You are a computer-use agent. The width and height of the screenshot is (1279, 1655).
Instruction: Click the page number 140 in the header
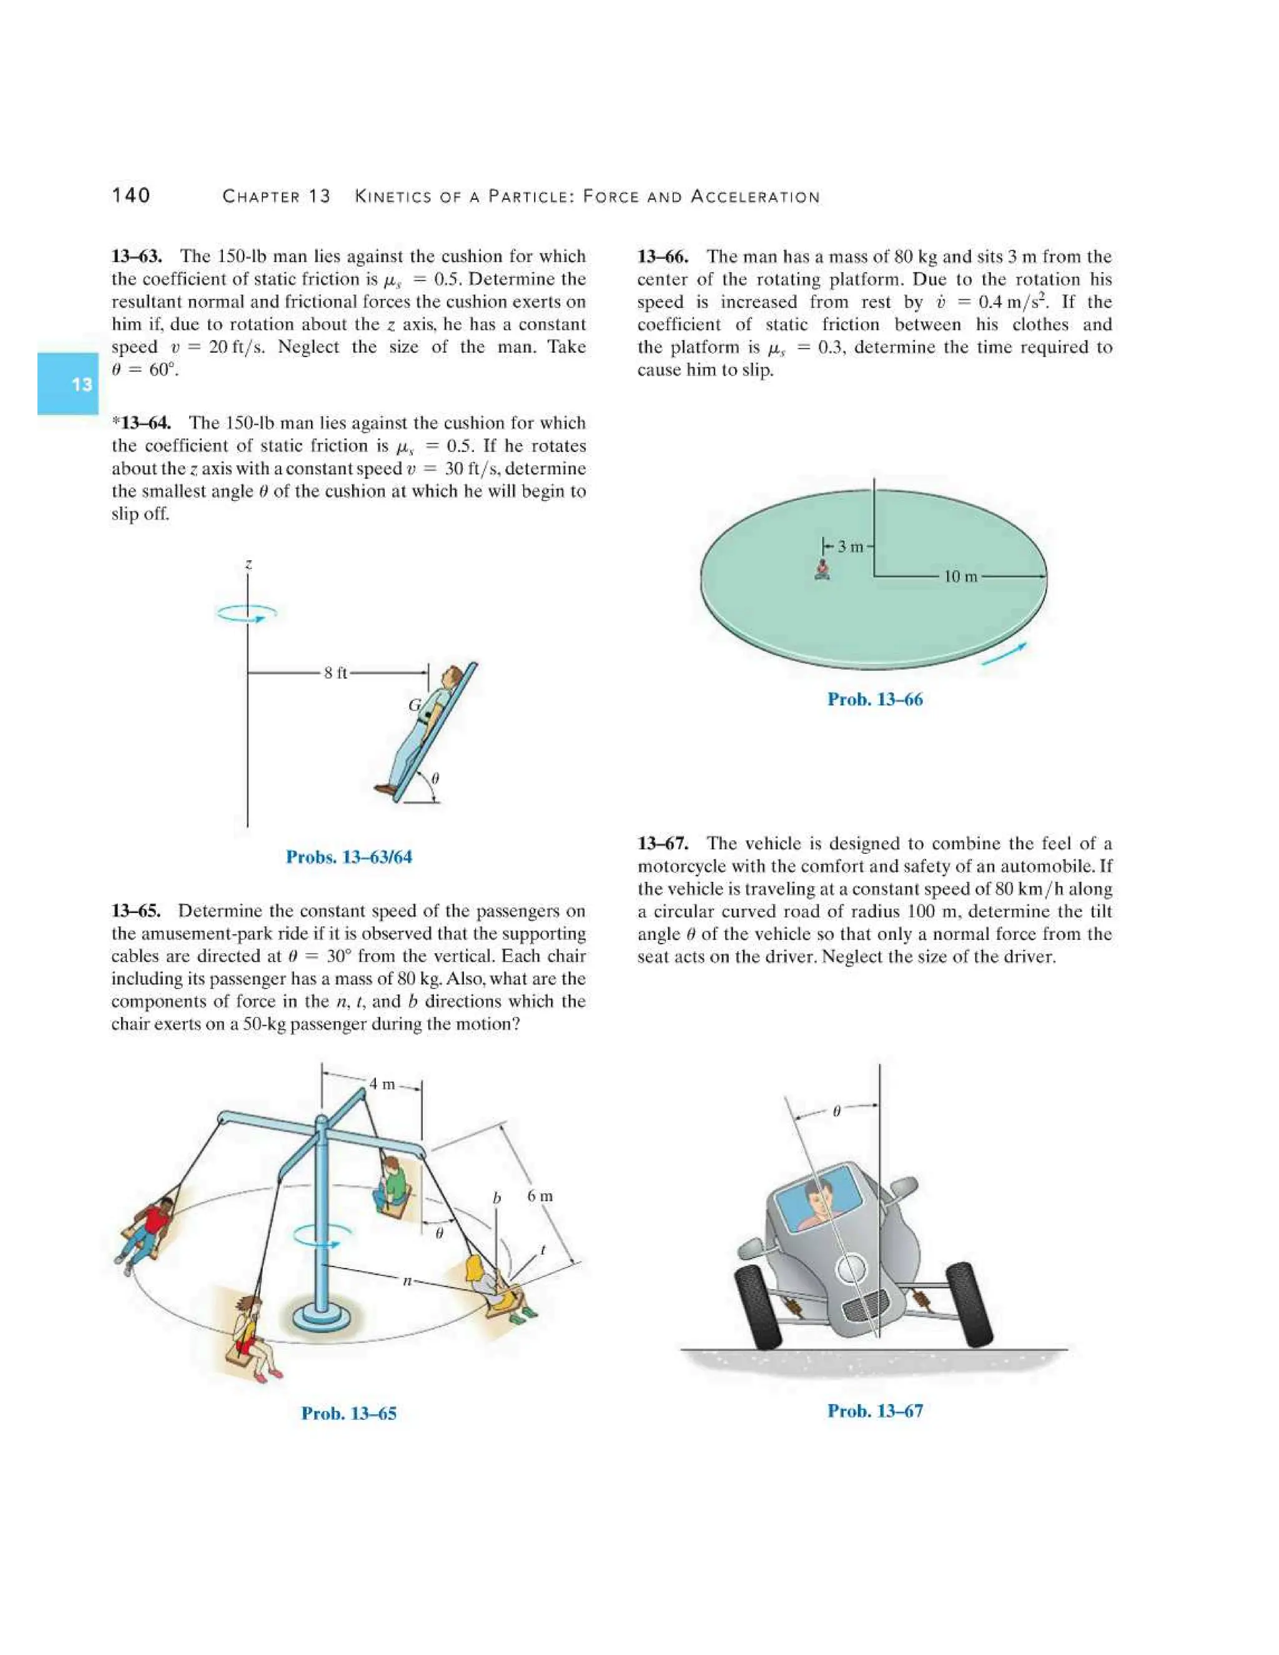[x=131, y=195]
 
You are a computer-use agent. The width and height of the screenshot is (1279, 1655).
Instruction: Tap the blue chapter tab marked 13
[x=68, y=383]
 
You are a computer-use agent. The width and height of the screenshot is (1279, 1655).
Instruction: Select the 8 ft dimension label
[x=335, y=673]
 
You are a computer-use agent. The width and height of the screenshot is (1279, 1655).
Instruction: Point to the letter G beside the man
[x=415, y=704]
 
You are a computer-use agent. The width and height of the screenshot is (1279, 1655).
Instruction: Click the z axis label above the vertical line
[x=249, y=565]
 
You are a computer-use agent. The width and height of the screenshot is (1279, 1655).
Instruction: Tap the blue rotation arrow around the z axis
[x=247, y=614]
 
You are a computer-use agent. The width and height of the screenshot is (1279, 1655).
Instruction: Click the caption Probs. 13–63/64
[x=348, y=857]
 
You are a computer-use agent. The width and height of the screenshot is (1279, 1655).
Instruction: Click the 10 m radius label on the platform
[x=960, y=576]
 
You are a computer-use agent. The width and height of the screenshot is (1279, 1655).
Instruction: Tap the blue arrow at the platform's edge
[x=1004, y=654]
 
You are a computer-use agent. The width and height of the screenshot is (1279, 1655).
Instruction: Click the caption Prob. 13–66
[x=874, y=699]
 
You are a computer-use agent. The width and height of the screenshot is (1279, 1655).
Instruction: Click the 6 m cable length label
[x=540, y=1196]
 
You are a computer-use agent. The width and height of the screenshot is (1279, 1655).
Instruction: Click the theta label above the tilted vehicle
[x=836, y=1112]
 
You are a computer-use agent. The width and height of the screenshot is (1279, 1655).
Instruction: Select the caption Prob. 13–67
[x=874, y=1411]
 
